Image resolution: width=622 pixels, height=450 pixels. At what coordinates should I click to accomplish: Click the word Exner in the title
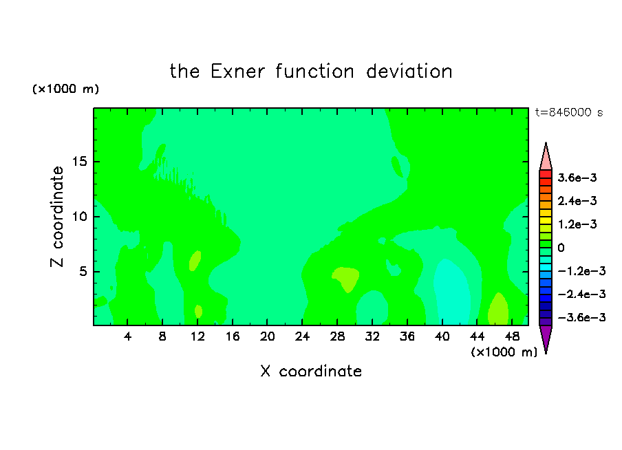[x=237, y=72]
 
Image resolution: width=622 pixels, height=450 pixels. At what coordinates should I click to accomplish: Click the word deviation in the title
[x=409, y=72]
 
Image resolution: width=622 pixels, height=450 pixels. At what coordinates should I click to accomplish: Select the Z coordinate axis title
[x=57, y=217]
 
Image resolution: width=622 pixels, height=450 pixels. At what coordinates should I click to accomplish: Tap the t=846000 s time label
[x=569, y=113]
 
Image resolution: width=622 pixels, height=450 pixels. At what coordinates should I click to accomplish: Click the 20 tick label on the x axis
[x=267, y=336]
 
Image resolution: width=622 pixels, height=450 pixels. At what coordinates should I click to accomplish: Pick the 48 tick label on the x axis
[x=512, y=336]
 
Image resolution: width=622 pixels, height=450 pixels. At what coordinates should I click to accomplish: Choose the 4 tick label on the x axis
[x=127, y=336]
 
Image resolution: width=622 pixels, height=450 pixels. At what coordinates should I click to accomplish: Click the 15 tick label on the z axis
[x=79, y=162]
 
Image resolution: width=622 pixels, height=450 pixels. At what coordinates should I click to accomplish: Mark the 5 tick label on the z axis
[x=83, y=272]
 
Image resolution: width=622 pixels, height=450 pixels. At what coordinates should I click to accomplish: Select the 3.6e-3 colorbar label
[x=577, y=178]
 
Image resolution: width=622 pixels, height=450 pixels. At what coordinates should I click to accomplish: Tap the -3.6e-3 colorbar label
[x=581, y=317]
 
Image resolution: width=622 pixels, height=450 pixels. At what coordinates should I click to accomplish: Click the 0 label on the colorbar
[x=561, y=248]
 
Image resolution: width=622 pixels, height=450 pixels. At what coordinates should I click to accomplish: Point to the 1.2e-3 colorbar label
[x=577, y=224]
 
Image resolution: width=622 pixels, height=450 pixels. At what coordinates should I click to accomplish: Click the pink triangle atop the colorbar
[x=546, y=158]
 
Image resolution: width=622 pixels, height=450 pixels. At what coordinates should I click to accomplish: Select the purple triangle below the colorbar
[x=546, y=338]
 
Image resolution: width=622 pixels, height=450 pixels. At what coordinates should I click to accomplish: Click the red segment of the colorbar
[x=546, y=174]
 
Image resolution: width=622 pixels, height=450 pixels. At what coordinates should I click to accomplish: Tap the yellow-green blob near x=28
[x=346, y=279]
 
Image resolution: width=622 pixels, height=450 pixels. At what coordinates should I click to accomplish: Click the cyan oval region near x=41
[x=452, y=292]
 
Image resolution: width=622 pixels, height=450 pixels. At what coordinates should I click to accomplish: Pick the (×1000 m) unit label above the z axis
[x=65, y=89]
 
